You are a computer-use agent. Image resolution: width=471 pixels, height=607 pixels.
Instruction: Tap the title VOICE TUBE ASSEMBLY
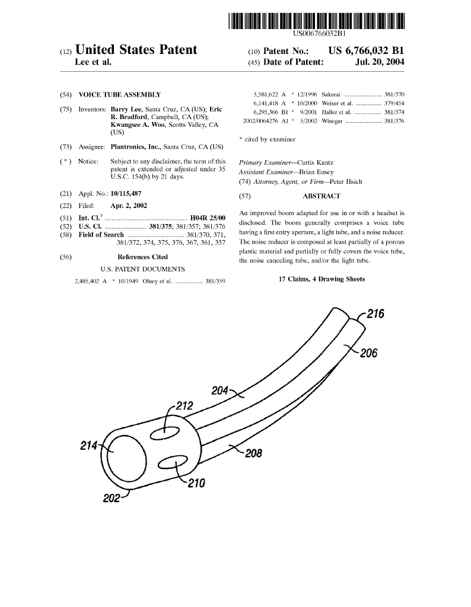(119, 95)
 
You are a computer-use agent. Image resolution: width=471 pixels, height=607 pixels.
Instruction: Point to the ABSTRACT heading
(321, 196)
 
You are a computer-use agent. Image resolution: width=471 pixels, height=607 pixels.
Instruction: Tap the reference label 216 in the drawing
(375, 314)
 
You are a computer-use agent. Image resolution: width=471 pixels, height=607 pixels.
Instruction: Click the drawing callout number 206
(368, 353)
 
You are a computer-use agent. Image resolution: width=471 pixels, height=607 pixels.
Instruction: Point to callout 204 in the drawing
(220, 390)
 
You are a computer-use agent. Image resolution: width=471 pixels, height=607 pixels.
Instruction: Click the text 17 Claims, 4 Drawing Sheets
(321, 279)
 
